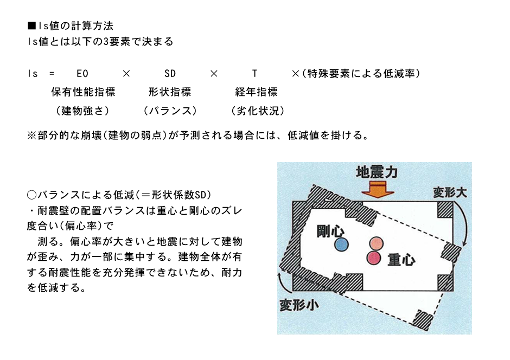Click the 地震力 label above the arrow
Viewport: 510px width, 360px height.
(377, 172)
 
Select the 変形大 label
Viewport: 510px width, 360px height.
(450, 192)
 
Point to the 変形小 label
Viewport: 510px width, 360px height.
(298, 305)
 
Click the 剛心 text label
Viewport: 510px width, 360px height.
(330, 232)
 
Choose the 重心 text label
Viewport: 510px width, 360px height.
(401, 260)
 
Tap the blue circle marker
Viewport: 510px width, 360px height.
(341, 245)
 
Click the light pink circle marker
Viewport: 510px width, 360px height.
(377, 243)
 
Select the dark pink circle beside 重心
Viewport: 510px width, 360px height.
(374, 258)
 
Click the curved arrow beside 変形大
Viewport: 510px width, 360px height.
(462, 222)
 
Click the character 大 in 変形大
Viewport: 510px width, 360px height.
(461, 192)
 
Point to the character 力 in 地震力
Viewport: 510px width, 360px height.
(391, 172)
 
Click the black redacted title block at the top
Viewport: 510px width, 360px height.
(100, 34)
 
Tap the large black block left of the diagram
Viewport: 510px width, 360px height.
(137, 241)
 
